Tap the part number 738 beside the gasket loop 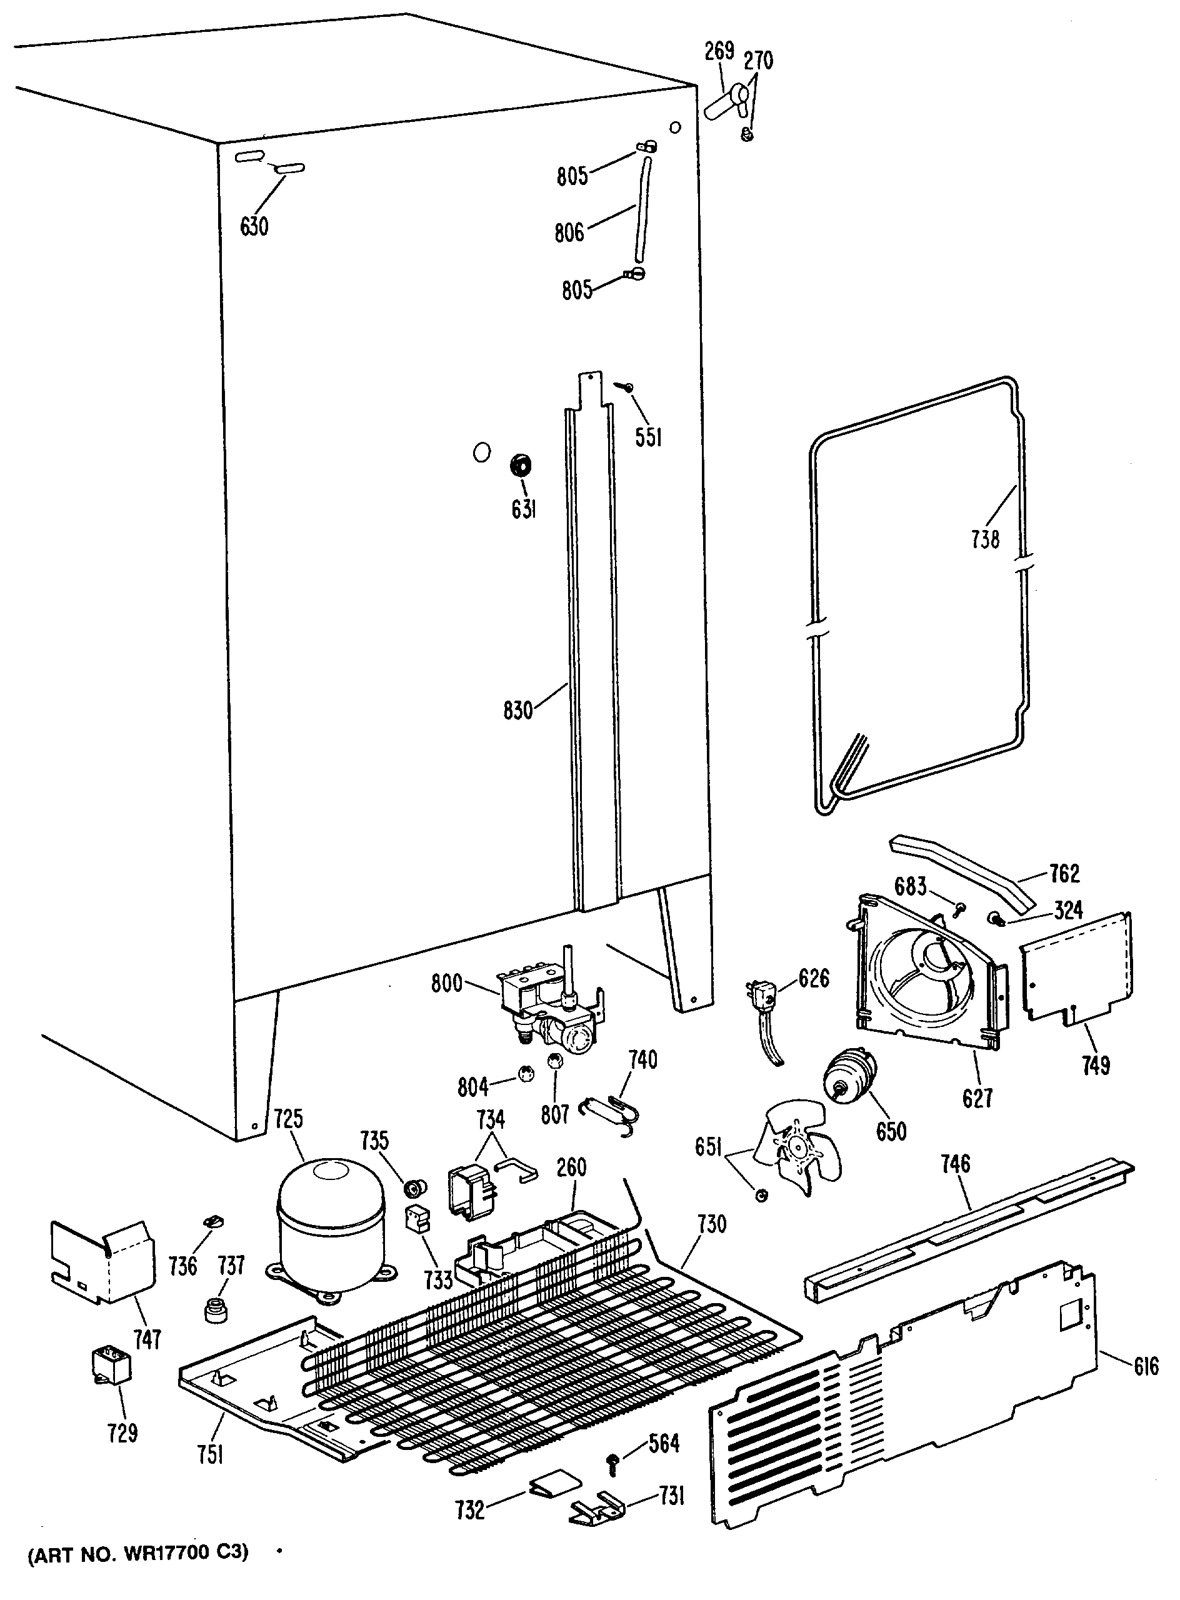(x=985, y=539)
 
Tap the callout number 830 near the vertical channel (x=518, y=710)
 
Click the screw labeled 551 (x=626, y=386)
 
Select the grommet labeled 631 (x=521, y=466)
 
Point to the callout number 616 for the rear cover (x=1146, y=1367)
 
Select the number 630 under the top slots (x=254, y=226)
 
